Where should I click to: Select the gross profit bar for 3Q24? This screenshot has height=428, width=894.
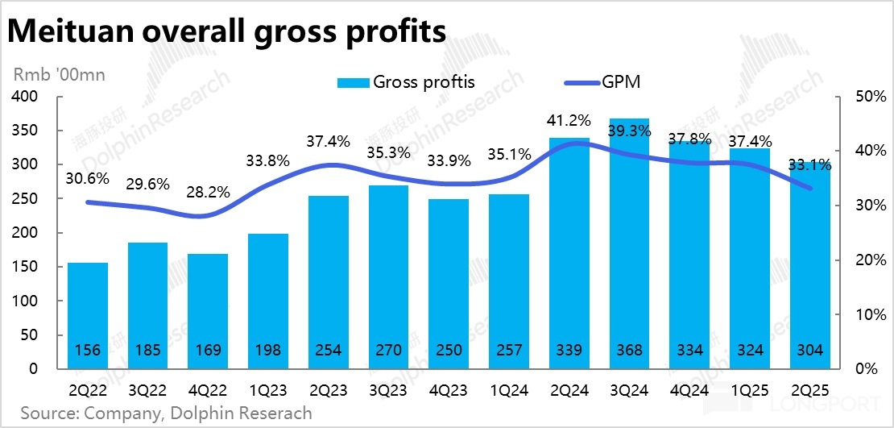[630, 242]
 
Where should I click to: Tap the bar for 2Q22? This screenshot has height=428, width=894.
[88, 314]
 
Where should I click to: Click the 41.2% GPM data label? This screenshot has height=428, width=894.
[569, 121]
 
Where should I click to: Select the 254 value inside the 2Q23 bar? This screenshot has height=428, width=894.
[329, 351]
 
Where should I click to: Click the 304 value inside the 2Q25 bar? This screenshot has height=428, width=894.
[810, 351]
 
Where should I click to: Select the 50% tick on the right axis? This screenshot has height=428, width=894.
[858, 97]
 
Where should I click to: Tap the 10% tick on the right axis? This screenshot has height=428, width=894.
[858, 314]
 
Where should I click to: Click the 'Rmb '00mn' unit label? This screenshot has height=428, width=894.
[59, 75]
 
